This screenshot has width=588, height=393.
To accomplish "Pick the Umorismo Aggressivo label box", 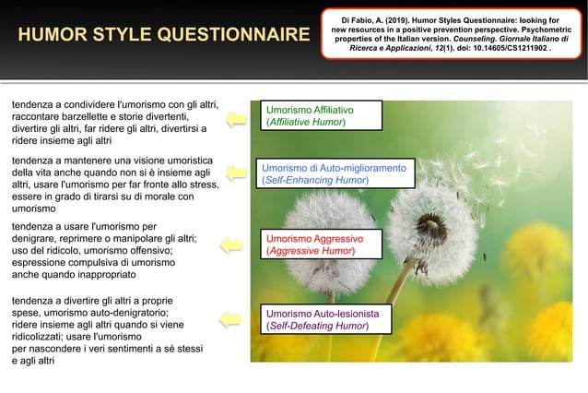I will (x=321, y=244).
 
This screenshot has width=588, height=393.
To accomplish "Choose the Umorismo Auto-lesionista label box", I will (x=326, y=319).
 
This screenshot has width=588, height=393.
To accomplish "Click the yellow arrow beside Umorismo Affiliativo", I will (x=236, y=116).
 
